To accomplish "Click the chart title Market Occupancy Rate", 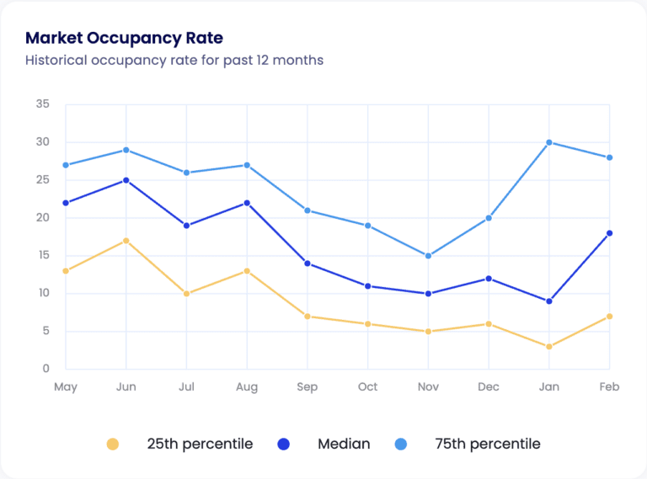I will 124,38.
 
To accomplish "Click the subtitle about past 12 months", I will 174,61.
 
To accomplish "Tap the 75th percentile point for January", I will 548,142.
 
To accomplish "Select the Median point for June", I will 126,180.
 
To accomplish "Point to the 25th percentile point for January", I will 548,347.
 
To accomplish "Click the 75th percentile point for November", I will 428,256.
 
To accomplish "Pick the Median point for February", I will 609,233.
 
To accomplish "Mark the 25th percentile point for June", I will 126,241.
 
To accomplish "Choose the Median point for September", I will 307,263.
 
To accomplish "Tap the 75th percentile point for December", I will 489,218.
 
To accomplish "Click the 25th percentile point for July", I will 187,294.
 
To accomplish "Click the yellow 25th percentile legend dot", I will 113,444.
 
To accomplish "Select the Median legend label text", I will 344,444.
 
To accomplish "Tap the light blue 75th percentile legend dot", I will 401,444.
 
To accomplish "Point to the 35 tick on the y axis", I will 43,104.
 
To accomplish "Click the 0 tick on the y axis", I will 46,369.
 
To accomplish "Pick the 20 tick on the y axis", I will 43,218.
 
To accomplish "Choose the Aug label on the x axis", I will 247,387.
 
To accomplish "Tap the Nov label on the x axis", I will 428,387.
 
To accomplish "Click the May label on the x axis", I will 66,387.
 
